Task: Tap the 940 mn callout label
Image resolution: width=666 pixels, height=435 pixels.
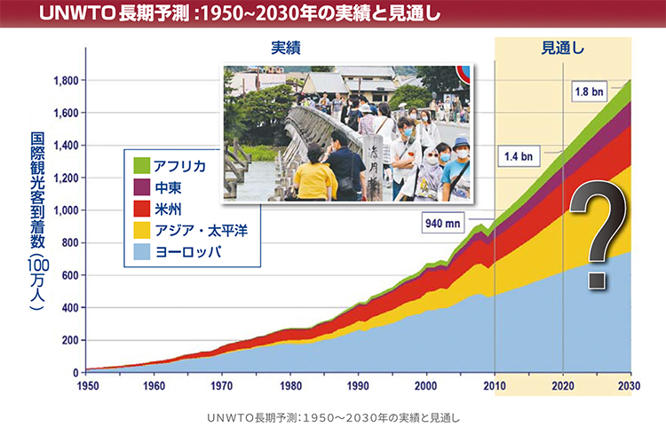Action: pos(441,223)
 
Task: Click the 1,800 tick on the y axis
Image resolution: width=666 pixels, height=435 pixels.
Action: pos(67,81)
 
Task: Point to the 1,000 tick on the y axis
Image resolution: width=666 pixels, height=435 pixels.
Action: pos(67,210)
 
